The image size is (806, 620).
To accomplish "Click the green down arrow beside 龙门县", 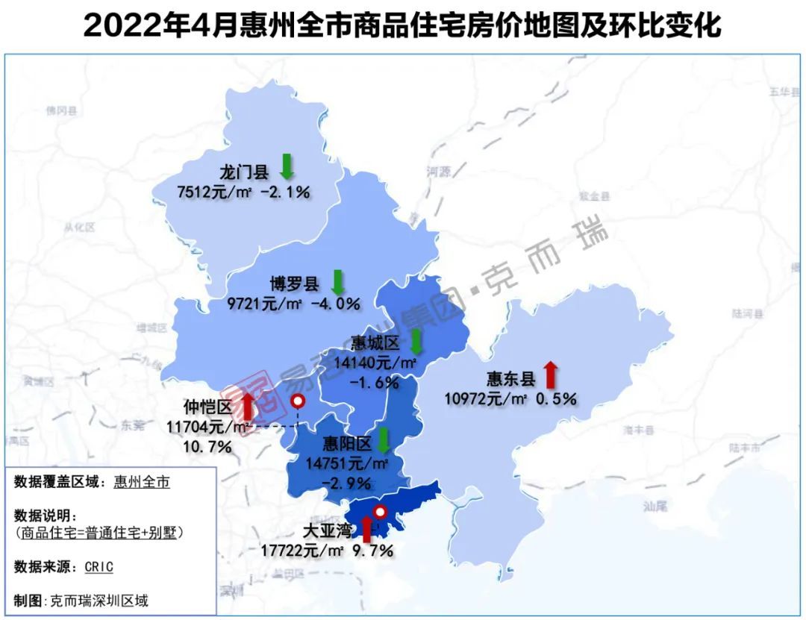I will pyautogui.click(x=287, y=166).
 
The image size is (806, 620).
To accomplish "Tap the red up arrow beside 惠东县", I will pyautogui.click(x=551, y=375).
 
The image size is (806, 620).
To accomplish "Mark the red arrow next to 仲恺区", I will pyautogui.click(x=248, y=406).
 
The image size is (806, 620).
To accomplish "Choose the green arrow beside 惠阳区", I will pyautogui.click(x=384, y=440).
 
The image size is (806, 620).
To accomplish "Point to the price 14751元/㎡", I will pyautogui.click(x=347, y=463).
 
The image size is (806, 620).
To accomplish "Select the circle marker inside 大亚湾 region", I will pyautogui.click(x=380, y=513).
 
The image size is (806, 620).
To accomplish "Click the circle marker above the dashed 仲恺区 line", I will pyautogui.click(x=298, y=401).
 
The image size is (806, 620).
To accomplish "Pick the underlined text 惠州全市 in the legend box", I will pyautogui.click(x=142, y=482).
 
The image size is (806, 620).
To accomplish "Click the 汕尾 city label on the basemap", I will pyautogui.click(x=655, y=507).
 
